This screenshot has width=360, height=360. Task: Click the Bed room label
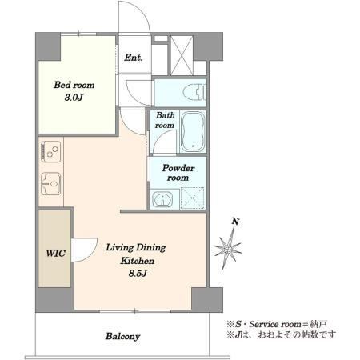(x=74, y=85)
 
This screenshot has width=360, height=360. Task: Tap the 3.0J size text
(x=74, y=98)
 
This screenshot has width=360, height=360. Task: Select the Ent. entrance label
(x=133, y=57)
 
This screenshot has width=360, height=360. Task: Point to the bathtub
(x=193, y=132)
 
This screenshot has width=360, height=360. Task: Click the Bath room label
(x=165, y=120)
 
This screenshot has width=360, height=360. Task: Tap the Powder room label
(x=178, y=173)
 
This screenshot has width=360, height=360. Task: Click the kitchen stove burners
(x=51, y=151)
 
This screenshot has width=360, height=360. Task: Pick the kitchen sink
(x=51, y=183)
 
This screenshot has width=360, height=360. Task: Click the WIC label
(x=56, y=253)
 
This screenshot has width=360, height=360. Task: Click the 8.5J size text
(x=138, y=274)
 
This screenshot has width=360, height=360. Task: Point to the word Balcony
(x=122, y=336)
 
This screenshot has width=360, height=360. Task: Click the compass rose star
(x=228, y=248)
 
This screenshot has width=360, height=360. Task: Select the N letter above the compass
(x=235, y=222)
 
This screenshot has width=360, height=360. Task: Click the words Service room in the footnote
(x=275, y=324)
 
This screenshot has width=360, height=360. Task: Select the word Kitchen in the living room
(x=137, y=261)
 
